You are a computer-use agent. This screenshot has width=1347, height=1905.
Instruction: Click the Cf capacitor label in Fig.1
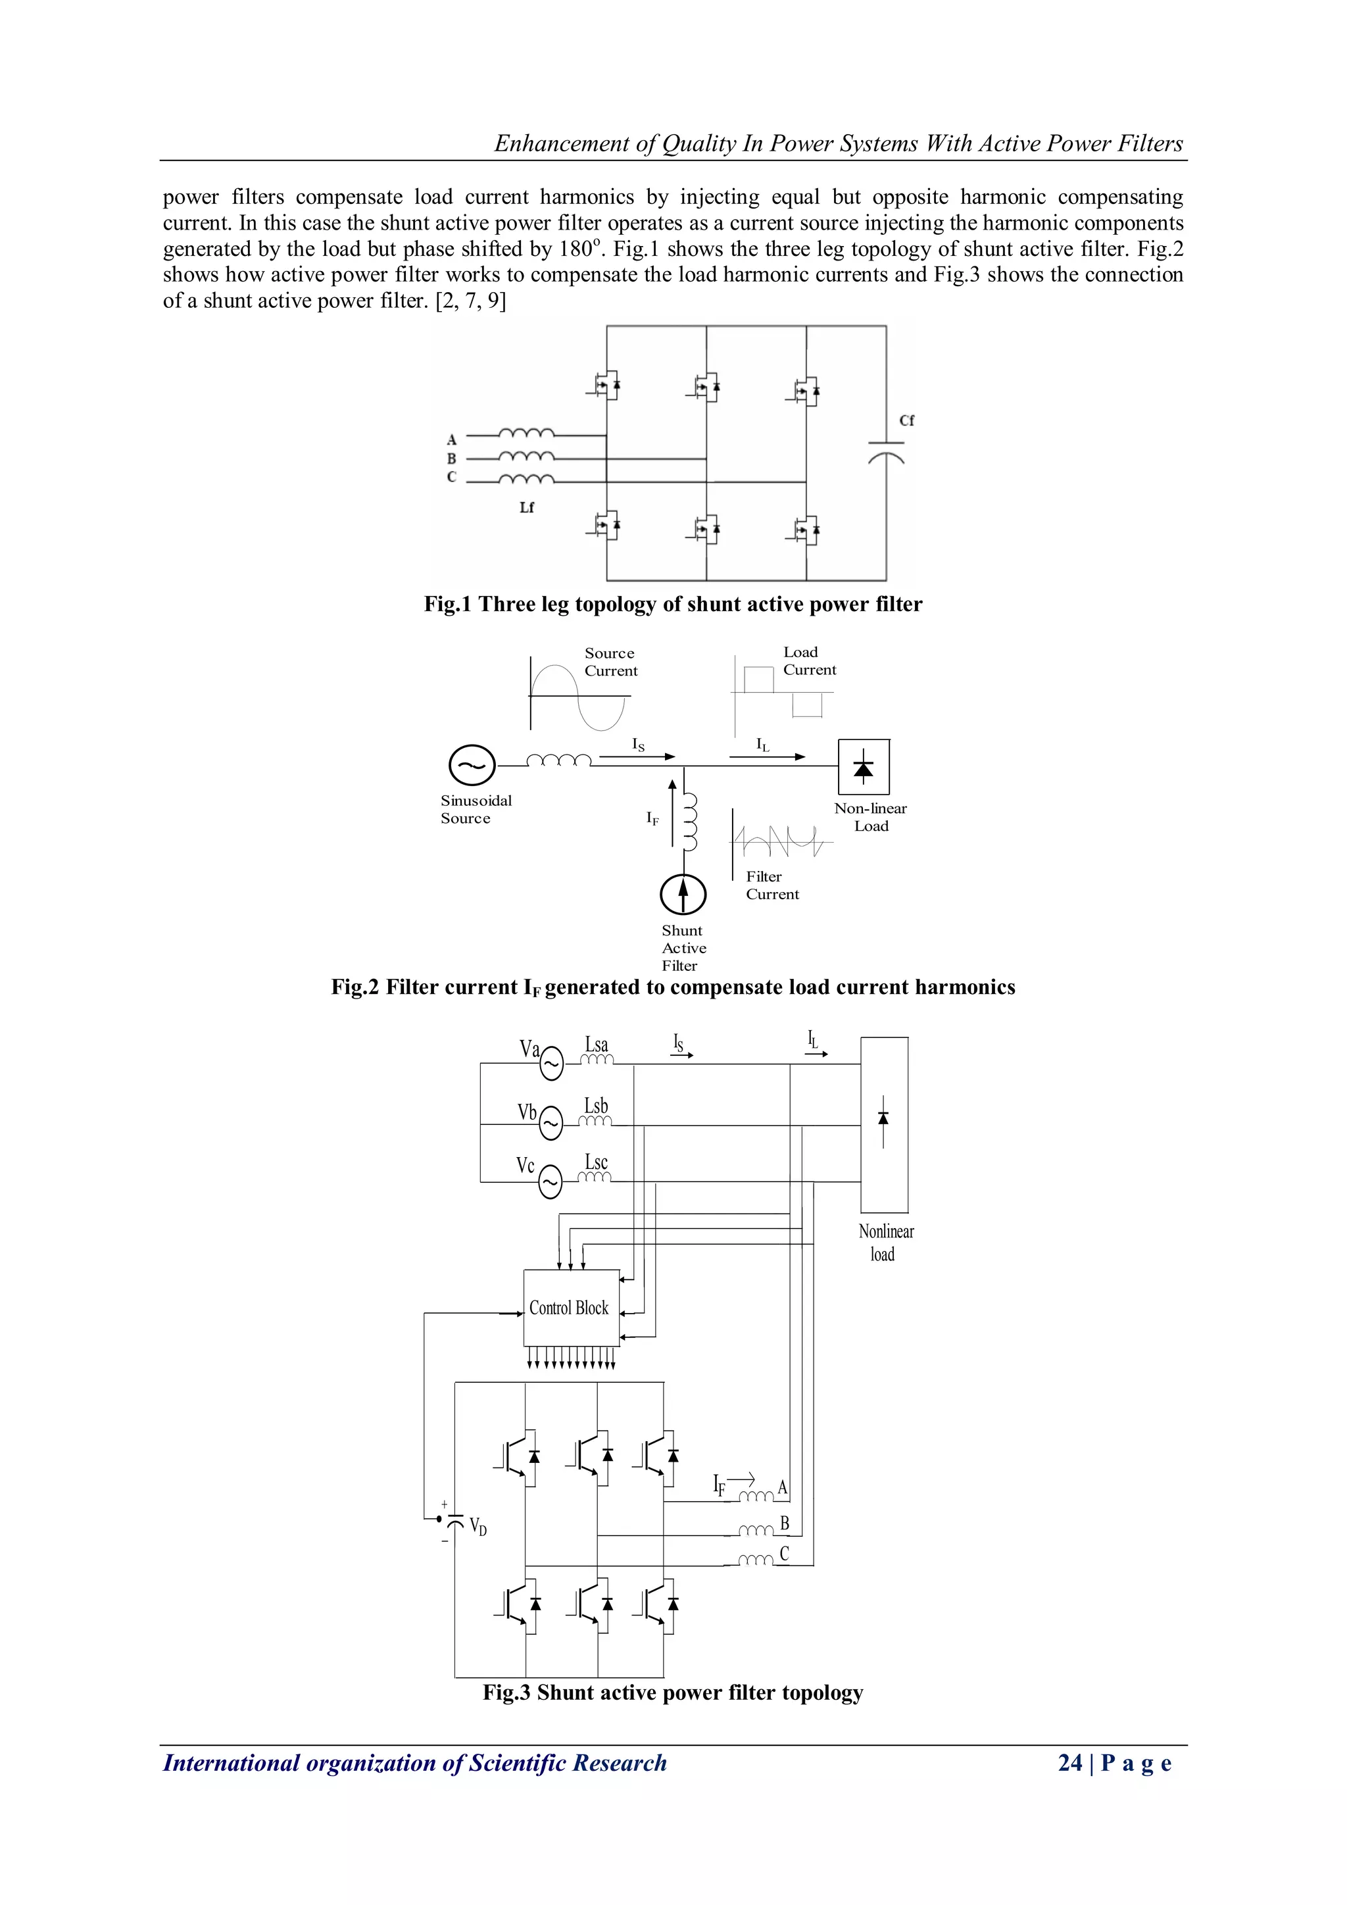[906, 420]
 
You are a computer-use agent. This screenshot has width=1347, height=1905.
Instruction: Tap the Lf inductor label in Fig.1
[527, 507]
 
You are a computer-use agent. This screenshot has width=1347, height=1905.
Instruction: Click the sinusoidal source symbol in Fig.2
[471, 765]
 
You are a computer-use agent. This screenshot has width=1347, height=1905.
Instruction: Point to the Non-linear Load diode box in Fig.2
[864, 766]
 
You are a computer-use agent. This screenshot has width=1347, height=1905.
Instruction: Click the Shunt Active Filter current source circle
[683, 895]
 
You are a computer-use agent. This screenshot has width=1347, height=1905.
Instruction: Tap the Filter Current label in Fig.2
[771, 885]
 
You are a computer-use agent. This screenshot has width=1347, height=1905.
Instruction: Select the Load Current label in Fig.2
[809, 660]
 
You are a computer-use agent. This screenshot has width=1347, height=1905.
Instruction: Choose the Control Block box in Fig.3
[571, 1308]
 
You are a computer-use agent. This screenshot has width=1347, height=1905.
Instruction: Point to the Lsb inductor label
[597, 1105]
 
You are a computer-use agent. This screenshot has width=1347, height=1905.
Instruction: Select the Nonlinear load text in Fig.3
[885, 1243]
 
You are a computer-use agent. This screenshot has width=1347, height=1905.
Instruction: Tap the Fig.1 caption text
[673, 604]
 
